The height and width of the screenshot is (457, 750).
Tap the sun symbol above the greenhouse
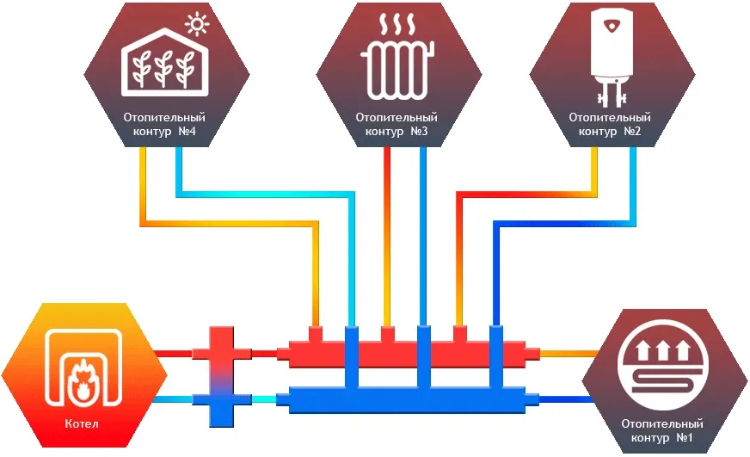198,23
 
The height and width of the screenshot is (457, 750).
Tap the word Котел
82,424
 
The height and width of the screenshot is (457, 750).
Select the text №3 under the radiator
418,132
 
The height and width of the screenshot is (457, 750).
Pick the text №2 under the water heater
631,132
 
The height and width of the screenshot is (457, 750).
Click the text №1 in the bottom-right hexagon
685,438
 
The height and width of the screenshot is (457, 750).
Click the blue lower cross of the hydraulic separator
221,399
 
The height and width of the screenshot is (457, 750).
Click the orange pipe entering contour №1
568,353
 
